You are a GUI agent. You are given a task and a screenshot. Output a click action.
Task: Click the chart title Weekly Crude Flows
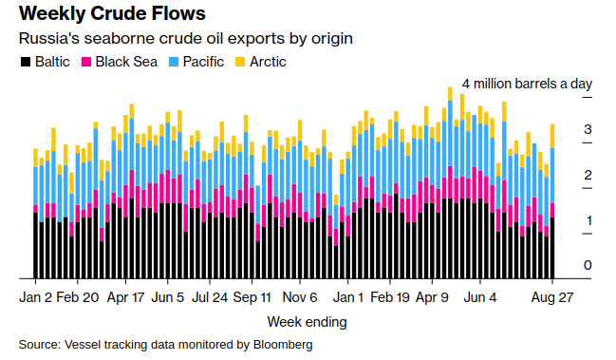112,15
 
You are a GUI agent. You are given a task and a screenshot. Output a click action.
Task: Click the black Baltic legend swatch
25,62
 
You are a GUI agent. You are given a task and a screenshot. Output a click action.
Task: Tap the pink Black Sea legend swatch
86,62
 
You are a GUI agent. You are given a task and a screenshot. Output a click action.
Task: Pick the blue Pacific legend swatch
174,62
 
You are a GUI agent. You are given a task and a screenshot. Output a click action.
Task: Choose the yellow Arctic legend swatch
242,62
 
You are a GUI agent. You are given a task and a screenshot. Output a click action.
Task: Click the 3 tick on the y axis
588,129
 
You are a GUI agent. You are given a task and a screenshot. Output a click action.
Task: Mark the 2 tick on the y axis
588,175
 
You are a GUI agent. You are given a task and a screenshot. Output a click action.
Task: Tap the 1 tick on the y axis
588,220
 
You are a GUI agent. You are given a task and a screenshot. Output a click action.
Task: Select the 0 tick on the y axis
588,265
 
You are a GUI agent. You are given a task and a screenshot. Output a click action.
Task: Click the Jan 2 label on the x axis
36,296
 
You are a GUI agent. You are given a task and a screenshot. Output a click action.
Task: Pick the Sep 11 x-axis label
252,296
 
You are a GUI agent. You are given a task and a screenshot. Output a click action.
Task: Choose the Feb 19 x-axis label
389,296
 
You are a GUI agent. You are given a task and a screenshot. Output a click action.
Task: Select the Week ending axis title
307,321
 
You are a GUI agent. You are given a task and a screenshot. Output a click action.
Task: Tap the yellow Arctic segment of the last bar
552,136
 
